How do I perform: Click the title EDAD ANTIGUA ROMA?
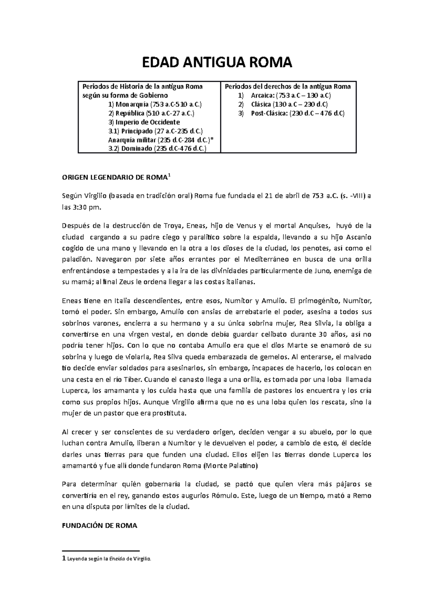[x=217, y=63]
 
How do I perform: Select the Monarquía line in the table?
[x=155, y=105]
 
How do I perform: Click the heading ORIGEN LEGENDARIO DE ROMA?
[x=115, y=178]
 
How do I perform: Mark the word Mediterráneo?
[x=267, y=259]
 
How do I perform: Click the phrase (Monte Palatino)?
[x=231, y=466]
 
